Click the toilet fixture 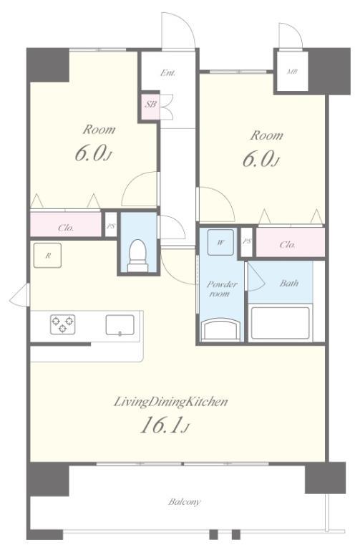tap(137, 256)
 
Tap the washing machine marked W tap(220, 242)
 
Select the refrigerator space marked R tap(47, 256)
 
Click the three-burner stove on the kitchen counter tap(63, 324)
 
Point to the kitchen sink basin tap(120, 325)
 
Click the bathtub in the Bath tap(281, 323)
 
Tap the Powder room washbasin tap(221, 329)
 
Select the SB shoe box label tap(151, 104)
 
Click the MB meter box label tap(292, 72)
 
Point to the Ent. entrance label tap(168, 73)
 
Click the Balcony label tap(185, 501)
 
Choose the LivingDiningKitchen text tap(171, 402)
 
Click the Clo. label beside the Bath tap(287, 244)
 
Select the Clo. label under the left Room tap(66, 228)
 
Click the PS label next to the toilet tap(111, 226)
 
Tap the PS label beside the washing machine tap(247, 241)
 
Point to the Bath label tap(289, 283)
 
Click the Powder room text tap(222, 289)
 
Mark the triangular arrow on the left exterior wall tap(20, 294)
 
